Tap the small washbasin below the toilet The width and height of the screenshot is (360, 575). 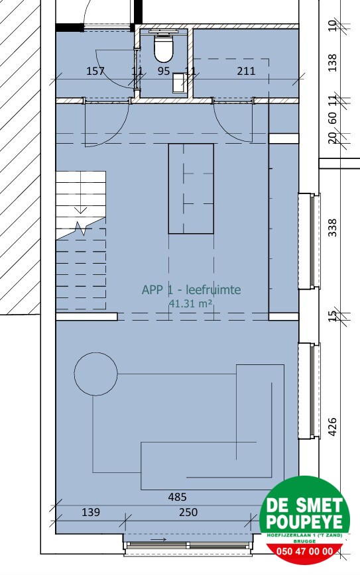tap(179, 83)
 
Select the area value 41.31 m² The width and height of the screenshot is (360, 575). tap(191, 303)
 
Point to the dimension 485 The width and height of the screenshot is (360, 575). tap(177, 497)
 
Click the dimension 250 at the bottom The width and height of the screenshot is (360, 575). tap(188, 512)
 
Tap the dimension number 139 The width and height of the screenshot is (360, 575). tap(90, 512)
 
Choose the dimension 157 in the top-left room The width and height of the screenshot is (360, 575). tap(95, 71)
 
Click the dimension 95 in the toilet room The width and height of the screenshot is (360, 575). tap(164, 71)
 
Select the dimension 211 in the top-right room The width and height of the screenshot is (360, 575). tap(246, 71)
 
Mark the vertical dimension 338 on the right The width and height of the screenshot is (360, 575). tap(333, 227)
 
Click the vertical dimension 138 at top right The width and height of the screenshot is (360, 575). tap(333, 64)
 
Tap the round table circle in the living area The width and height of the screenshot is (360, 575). tap(95, 374)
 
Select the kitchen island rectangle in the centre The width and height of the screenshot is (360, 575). tap(191, 188)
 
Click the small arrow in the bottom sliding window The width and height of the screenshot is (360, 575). tap(160, 540)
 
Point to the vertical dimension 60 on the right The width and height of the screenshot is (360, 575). tap(333, 119)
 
